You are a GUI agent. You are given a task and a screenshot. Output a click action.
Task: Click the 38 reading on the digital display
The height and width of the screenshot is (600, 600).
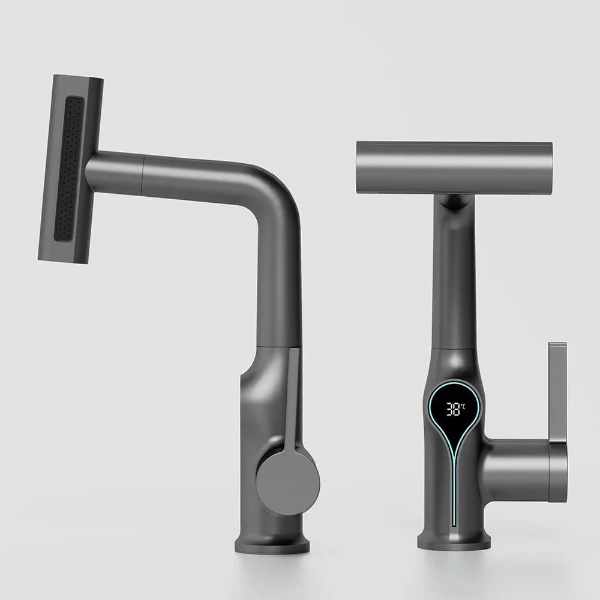click(453, 410)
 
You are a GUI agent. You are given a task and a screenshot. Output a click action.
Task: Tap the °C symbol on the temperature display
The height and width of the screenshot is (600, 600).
click(463, 406)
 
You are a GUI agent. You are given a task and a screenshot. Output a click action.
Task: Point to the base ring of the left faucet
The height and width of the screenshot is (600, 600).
click(272, 545)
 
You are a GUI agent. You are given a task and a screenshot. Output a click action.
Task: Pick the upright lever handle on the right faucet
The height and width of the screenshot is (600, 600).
click(557, 390)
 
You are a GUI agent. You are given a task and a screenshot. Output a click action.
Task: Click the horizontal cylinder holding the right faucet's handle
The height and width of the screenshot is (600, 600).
click(516, 471)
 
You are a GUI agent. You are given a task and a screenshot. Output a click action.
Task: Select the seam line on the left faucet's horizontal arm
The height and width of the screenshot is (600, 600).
click(143, 175)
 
